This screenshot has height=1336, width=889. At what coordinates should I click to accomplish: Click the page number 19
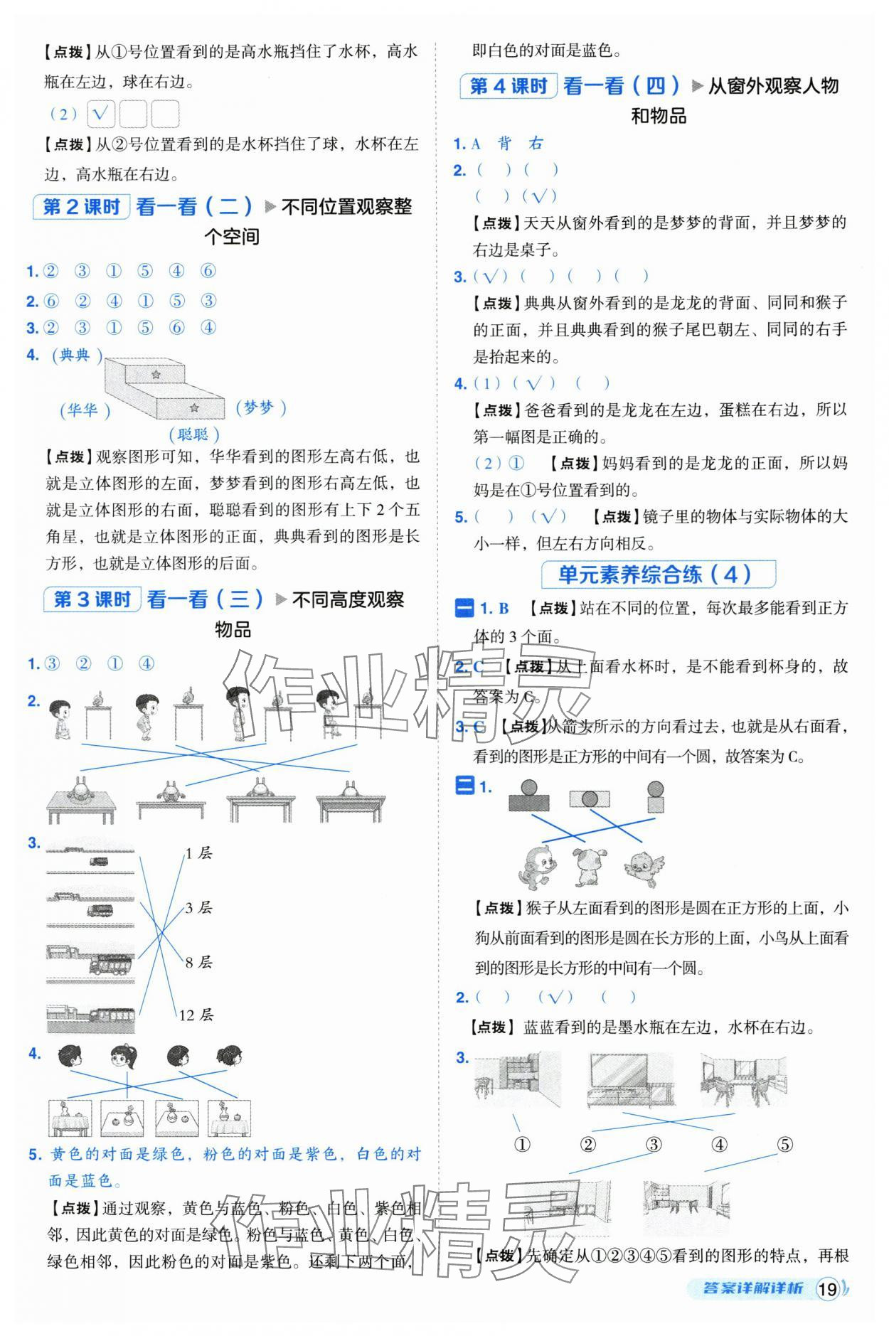(x=827, y=1289)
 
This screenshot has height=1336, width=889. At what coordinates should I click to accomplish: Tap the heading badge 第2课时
(x=81, y=207)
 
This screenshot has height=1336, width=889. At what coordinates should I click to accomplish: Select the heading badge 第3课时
(x=92, y=599)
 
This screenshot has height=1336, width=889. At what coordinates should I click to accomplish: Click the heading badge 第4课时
(x=508, y=86)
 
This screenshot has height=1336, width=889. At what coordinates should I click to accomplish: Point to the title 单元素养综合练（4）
(x=657, y=575)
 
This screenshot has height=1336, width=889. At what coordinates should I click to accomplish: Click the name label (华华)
(x=85, y=410)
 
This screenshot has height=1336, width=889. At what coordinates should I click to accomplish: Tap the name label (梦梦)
(x=260, y=407)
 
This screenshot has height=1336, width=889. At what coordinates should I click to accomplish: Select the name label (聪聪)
(x=193, y=434)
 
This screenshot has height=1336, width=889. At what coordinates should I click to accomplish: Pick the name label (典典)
(x=77, y=356)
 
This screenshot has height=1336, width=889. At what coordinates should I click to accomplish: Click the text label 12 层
(x=196, y=1015)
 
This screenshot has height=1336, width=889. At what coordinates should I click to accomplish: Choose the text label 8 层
(x=198, y=962)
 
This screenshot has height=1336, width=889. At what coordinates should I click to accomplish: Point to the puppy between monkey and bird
(x=590, y=865)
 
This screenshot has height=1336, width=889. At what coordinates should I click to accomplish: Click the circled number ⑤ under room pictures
(x=784, y=1145)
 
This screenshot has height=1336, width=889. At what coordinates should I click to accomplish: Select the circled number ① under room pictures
(x=522, y=1145)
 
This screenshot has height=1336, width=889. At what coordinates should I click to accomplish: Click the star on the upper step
(x=156, y=374)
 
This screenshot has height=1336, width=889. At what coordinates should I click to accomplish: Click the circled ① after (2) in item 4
(x=516, y=464)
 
